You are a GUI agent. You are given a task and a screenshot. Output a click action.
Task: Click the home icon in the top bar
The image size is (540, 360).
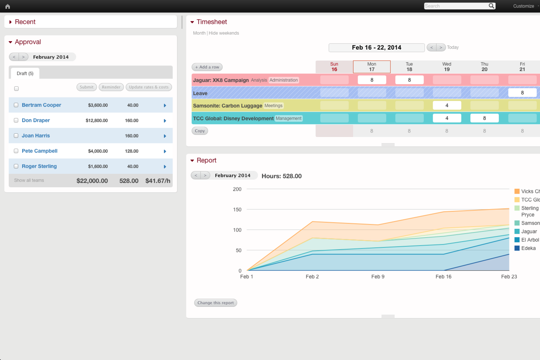(x=8, y=6)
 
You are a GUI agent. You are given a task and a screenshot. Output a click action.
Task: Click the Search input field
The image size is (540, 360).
(x=456, y=6)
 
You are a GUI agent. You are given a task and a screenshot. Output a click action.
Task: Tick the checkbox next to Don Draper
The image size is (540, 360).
(x=16, y=120)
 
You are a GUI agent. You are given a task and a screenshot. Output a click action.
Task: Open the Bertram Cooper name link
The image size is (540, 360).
(x=41, y=105)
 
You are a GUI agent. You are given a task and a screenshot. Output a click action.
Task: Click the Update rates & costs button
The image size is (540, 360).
(x=148, y=87)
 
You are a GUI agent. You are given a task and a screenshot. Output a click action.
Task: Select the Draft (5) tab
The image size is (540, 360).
(x=25, y=73)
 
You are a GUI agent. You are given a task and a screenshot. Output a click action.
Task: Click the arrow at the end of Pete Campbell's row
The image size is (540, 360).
(x=165, y=151)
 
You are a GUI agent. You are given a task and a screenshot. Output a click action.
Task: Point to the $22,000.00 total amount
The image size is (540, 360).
(x=92, y=181)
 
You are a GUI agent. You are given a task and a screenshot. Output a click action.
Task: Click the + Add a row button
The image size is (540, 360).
(x=207, y=67)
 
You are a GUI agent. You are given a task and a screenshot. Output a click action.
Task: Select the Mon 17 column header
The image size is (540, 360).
(x=371, y=67)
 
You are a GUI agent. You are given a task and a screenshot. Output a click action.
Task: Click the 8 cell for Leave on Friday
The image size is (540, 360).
(x=522, y=93)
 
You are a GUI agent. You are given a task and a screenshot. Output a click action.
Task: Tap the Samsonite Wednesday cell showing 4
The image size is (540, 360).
(x=447, y=105)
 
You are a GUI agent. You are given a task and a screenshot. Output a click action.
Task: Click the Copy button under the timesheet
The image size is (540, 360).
(x=200, y=131)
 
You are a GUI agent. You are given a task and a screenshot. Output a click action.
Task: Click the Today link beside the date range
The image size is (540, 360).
(x=453, y=47)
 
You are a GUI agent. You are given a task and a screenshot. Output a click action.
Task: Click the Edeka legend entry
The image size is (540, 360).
(x=528, y=248)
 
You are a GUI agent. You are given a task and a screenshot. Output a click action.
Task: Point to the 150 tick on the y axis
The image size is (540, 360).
(x=237, y=210)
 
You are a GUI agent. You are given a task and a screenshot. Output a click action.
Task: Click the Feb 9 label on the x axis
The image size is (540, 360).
(x=378, y=277)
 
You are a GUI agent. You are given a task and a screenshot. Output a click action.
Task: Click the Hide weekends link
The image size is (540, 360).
(x=224, y=33)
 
